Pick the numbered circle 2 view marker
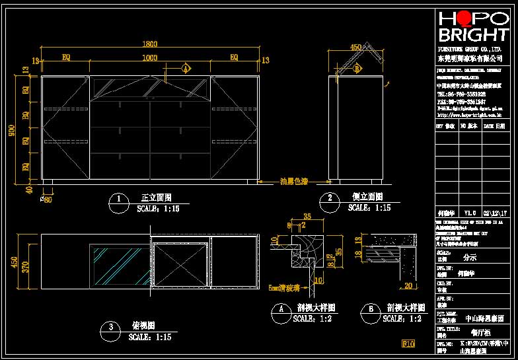click(329, 200)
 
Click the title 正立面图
click(157, 198)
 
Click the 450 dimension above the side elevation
click(356, 48)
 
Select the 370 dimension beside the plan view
click(26, 266)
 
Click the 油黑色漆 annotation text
click(294, 181)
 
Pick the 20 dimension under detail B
click(408, 286)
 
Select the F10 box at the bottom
click(408, 343)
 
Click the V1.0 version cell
click(470, 213)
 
